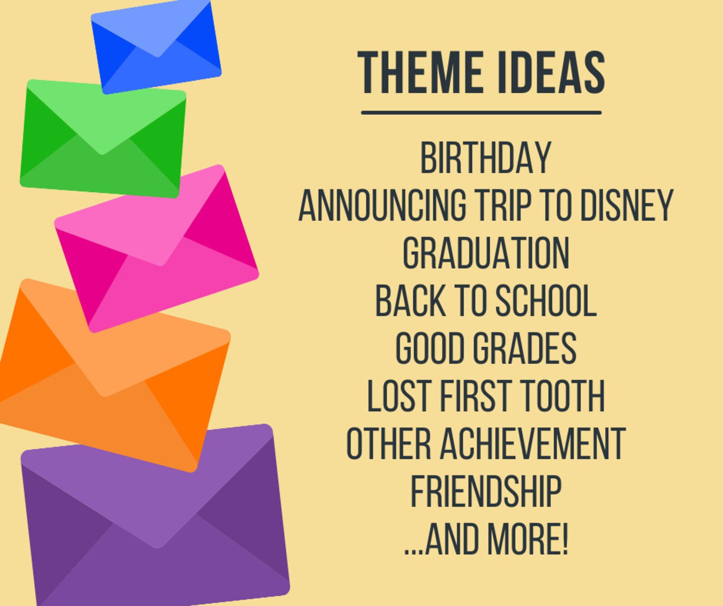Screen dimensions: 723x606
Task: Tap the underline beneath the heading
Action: click(x=481, y=112)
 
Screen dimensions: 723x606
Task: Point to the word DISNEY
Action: click(x=626, y=206)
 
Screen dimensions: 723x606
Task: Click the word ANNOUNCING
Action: click(x=382, y=206)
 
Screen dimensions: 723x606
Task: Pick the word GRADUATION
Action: click(x=485, y=254)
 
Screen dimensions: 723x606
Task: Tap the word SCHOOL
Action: click(x=546, y=301)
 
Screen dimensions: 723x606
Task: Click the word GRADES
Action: click(x=524, y=349)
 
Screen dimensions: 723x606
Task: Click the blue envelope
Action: click(x=156, y=47)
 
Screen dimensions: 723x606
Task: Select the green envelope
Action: click(x=103, y=138)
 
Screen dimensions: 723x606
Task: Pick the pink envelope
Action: click(x=157, y=249)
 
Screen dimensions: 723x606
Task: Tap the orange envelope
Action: click(x=114, y=376)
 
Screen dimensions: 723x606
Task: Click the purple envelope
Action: click(x=156, y=516)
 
